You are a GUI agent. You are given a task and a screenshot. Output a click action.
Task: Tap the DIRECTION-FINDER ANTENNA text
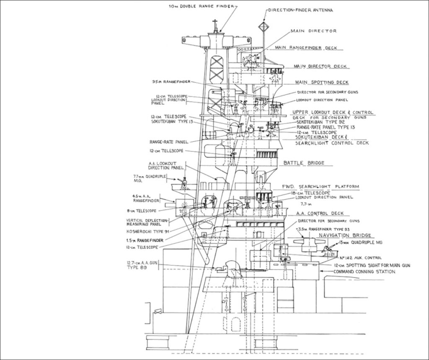point(300,10)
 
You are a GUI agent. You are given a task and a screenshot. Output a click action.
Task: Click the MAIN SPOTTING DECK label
point(322,82)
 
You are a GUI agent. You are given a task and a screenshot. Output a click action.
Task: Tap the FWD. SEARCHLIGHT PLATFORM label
point(321,187)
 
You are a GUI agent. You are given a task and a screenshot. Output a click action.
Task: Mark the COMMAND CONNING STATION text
point(364,272)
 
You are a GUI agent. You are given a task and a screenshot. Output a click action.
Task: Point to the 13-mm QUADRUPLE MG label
point(362,242)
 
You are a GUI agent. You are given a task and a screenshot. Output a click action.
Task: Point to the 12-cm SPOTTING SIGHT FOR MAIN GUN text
point(372,265)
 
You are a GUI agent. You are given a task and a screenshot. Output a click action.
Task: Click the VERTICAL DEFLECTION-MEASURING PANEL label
point(147,222)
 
